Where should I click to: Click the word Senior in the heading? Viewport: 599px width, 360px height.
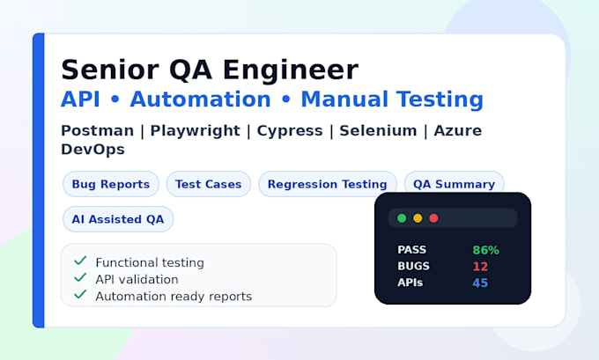point(110,70)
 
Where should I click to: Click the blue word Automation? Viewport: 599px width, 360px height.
point(201,99)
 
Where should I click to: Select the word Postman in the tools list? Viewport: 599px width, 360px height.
point(98,130)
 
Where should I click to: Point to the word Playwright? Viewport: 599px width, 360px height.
point(196,131)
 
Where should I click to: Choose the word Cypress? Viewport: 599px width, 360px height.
point(290,131)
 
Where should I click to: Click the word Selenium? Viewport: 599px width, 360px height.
point(378,130)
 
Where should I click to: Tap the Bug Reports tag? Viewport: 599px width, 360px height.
point(111,184)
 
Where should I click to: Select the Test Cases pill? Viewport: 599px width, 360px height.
point(209,184)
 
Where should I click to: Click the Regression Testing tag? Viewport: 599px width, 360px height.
point(328,184)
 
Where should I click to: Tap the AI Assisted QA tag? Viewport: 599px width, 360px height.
point(118,219)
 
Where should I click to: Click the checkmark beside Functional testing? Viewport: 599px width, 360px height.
point(80,261)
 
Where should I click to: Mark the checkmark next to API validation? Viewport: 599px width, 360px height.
point(80,277)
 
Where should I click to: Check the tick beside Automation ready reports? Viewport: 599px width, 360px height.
point(80,294)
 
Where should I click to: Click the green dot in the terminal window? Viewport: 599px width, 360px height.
point(402,218)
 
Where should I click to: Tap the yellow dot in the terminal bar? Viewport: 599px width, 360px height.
point(418,218)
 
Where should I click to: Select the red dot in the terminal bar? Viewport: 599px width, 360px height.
point(433,218)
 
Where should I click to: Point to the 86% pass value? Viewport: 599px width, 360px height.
point(486,250)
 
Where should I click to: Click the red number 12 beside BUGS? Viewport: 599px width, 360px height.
point(481,267)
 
